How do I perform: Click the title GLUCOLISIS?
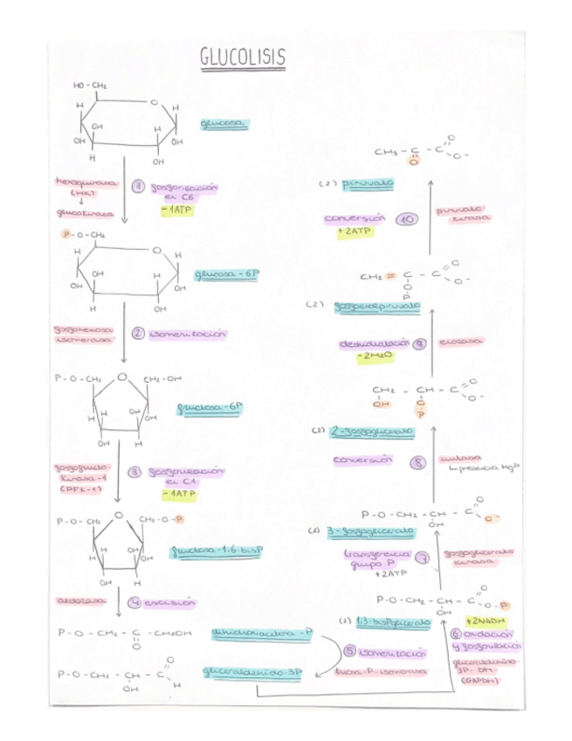243,59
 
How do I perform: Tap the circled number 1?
137,187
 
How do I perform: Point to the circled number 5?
349,651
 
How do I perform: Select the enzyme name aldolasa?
80,601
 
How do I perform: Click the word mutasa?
460,457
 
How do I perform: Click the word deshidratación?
374,343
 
